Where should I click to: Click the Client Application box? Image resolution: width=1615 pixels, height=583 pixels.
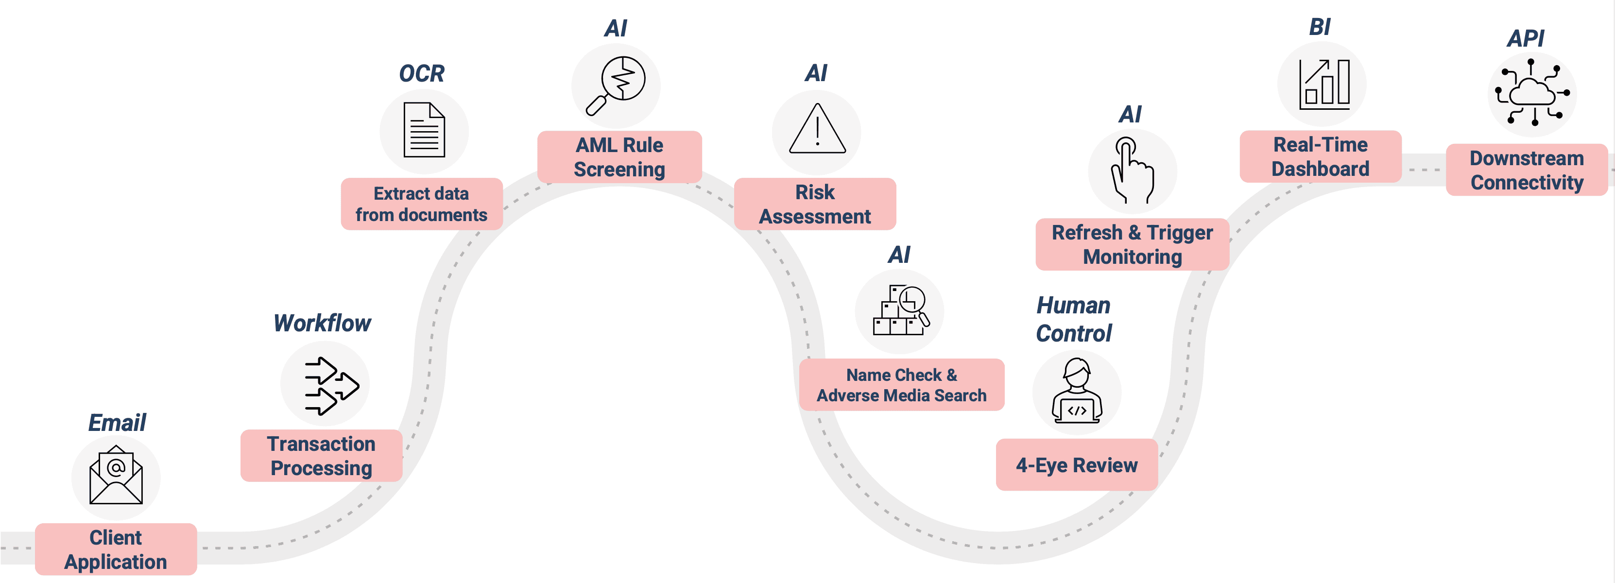tap(116, 549)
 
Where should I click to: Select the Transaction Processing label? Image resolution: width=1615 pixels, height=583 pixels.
tap(321, 456)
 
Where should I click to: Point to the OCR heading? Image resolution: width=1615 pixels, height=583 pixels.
tap(421, 74)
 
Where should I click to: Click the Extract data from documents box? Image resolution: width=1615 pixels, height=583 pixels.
tap(421, 204)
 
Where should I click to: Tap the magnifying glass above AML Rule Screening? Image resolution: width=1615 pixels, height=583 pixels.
tap(616, 85)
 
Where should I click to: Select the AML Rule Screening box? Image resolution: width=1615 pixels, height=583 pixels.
tap(619, 157)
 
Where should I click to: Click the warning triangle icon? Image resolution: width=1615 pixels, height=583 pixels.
tap(817, 130)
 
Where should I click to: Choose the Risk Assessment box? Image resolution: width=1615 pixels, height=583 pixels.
tap(814, 204)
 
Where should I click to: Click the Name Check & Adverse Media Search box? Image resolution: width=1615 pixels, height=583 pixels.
tap(902, 384)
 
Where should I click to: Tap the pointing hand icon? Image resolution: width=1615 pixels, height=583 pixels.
tap(1132, 171)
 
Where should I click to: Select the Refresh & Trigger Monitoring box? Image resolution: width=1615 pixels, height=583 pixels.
tap(1132, 244)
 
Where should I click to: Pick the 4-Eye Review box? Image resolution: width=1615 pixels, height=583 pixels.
tap(1077, 464)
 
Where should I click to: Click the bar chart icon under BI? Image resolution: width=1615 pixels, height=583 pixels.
tap(1323, 84)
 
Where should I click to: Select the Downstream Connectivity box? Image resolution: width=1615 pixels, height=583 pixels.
tap(1527, 170)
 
